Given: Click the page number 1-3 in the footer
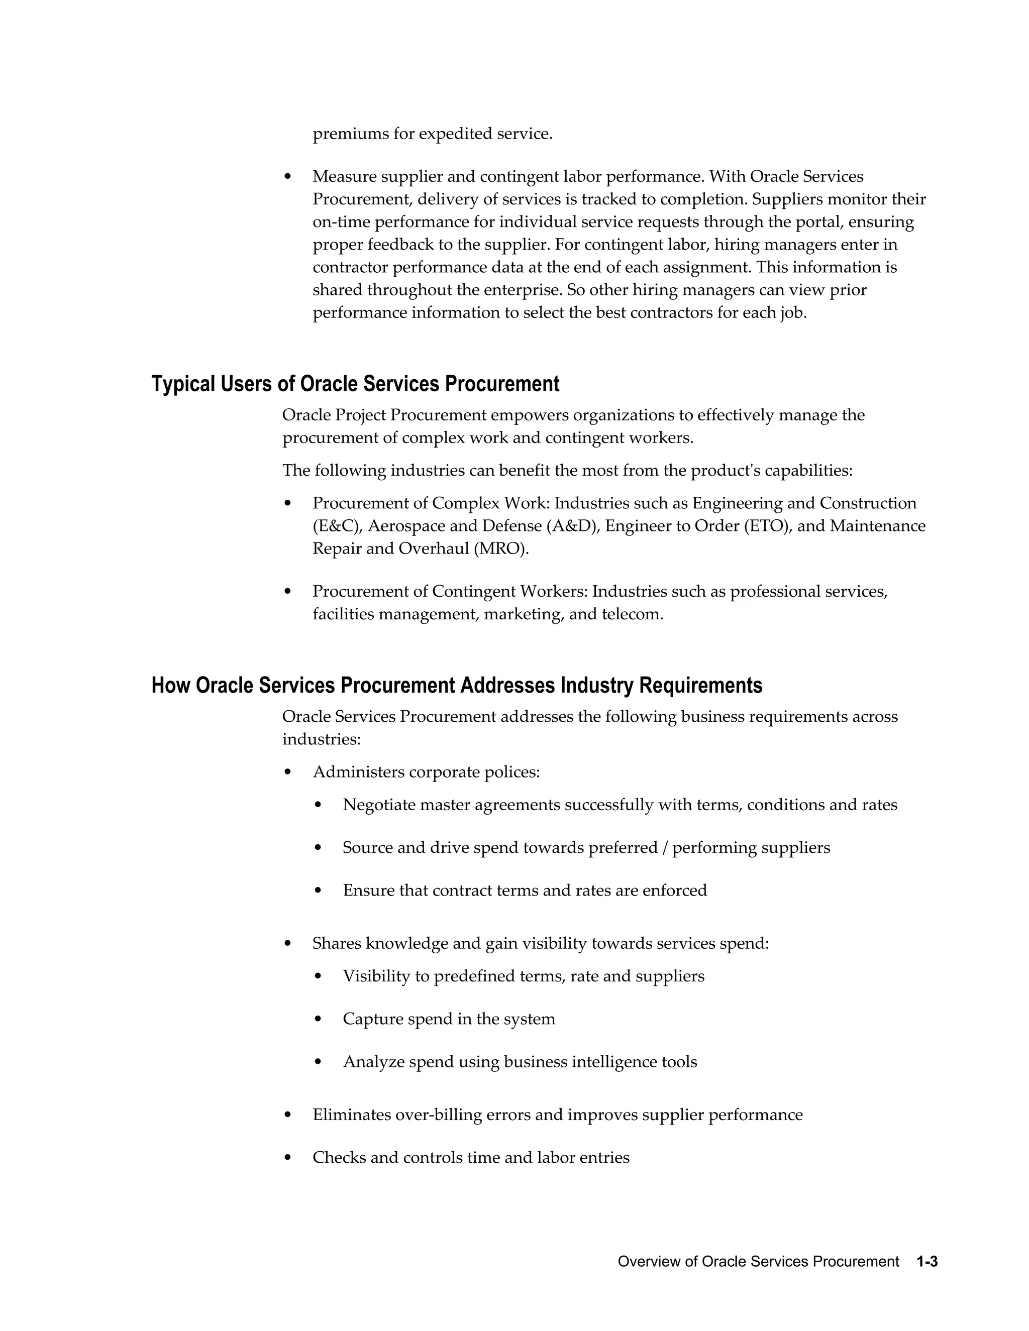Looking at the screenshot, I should (x=927, y=1262).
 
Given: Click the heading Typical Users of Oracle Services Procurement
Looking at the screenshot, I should (x=355, y=384).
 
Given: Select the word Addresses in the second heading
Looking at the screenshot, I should (x=507, y=685).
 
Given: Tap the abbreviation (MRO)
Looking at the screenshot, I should (x=501, y=548).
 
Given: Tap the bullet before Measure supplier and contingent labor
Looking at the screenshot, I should (x=288, y=177).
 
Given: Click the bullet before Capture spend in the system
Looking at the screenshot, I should (x=318, y=1019).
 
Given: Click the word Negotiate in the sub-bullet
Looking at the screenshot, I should (x=378, y=805).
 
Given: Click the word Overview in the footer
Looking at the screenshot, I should (x=645, y=1262).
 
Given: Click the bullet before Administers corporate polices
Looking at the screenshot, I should (x=288, y=772).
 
